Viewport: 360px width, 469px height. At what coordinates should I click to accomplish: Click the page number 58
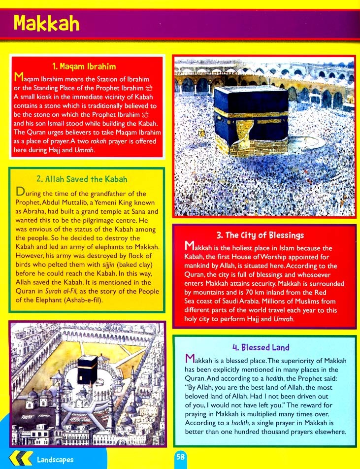tap(180, 457)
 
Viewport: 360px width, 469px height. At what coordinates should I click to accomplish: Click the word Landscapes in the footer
tap(55, 460)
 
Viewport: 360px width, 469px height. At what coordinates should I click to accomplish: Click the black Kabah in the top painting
tap(250, 113)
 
